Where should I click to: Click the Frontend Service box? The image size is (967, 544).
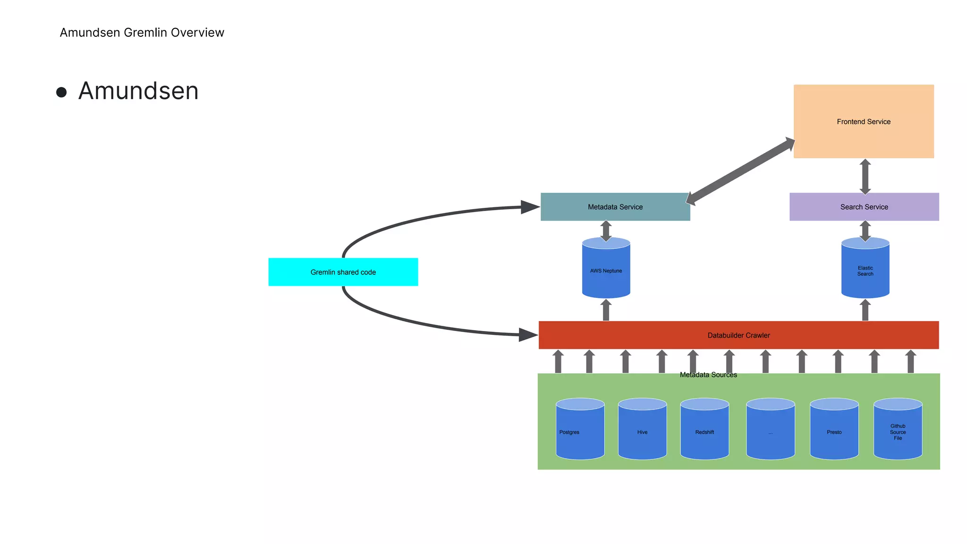click(x=864, y=121)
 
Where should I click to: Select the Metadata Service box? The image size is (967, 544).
click(x=615, y=207)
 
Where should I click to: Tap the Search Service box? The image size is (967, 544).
click(x=864, y=207)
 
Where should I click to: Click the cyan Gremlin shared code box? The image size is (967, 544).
click(x=343, y=272)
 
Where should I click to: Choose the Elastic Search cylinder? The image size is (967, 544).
click(x=865, y=270)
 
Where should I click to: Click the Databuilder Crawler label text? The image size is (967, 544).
click(x=738, y=335)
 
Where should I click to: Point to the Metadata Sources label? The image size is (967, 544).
click(x=708, y=375)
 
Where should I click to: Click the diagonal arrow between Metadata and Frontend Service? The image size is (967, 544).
click(x=740, y=171)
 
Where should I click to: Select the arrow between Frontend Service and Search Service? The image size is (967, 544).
click(x=865, y=176)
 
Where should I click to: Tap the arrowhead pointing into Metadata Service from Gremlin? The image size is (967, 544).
click(x=530, y=207)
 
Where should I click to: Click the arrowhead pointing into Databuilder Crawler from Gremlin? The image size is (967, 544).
click(x=528, y=335)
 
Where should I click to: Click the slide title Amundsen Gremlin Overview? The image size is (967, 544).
click(x=142, y=33)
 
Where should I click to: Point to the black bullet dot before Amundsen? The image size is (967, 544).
click(x=61, y=92)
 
